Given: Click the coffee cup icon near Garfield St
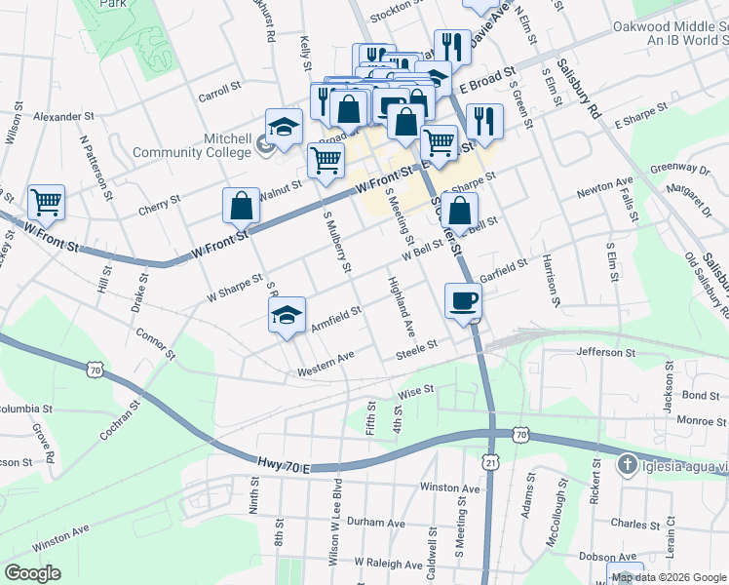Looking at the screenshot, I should pos(463,300).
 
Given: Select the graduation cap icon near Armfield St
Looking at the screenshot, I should pos(287,315).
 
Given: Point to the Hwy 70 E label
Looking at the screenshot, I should pos(284,468).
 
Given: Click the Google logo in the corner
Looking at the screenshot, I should pos(32,572).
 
